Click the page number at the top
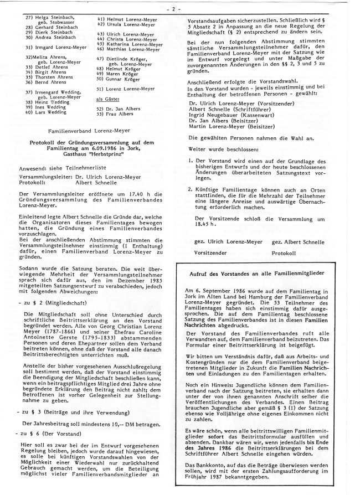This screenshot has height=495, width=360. click(181, 9)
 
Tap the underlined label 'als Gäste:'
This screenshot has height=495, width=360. click(107, 97)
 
